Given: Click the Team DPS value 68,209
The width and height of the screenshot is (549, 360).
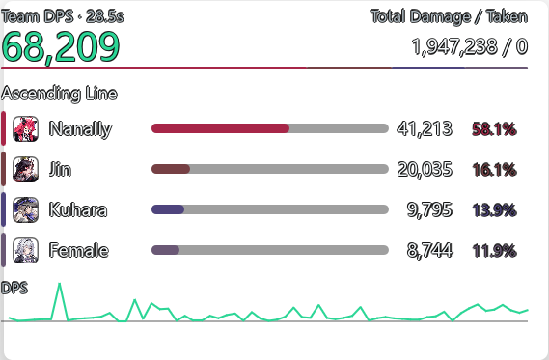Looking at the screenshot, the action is click(x=61, y=47).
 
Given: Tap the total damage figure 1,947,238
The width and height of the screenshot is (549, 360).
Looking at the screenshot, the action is click(x=454, y=47).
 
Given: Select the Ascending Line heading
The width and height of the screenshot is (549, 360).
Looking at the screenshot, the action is click(x=59, y=94).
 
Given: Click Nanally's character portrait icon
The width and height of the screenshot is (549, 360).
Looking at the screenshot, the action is click(x=25, y=129).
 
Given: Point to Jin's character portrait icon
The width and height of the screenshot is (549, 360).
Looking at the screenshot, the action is click(x=25, y=170).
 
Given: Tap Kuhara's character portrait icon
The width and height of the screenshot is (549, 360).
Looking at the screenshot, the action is click(x=25, y=209).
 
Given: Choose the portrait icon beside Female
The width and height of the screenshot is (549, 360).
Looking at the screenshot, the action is click(x=25, y=250).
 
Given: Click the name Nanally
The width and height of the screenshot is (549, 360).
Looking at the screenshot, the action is click(x=80, y=129).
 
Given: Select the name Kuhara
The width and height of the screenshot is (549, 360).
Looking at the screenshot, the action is click(x=78, y=209).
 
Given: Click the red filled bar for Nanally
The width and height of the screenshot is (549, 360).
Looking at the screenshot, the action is click(x=220, y=128).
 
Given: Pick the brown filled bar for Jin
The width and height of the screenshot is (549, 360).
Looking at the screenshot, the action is click(x=171, y=169).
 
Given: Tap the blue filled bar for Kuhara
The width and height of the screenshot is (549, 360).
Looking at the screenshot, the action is click(x=168, y=209).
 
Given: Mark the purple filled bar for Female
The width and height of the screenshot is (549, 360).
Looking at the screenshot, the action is click(x=165, y=250).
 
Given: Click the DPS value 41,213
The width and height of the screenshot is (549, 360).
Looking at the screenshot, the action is click(x=425, y=129).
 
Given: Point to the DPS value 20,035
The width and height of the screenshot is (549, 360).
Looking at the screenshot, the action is click(x=425, y=170).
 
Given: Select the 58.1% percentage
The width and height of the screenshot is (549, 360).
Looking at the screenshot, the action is click(x=494, y=129).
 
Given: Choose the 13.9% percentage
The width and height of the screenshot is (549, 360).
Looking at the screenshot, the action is click(x=494, y=210).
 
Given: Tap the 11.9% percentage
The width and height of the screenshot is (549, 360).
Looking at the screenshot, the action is click(x=494, y=251).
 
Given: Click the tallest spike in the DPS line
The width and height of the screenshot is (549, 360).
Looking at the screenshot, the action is click(x=59, y=284).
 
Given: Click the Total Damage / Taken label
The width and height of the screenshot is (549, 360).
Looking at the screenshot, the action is click(x=450, y=16).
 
